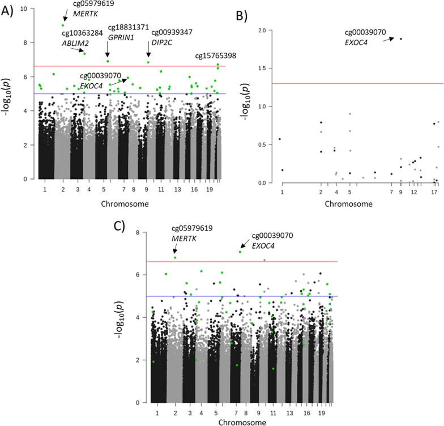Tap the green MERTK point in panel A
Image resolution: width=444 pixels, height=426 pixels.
63,25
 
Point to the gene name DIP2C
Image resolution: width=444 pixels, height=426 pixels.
164,42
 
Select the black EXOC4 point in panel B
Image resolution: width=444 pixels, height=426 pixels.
401,39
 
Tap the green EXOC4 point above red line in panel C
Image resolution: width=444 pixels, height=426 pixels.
240,252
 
